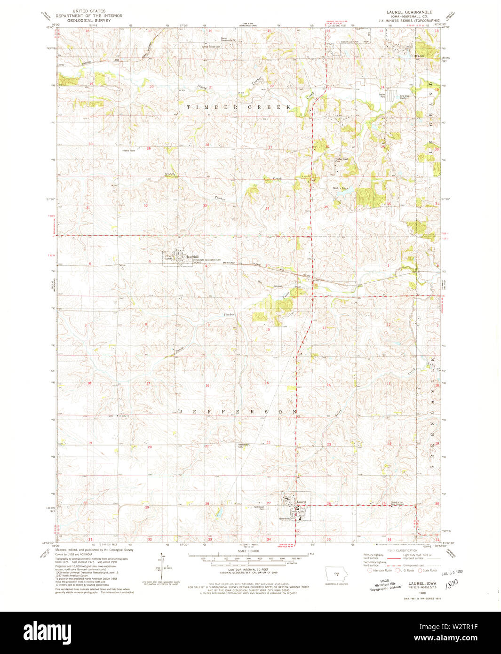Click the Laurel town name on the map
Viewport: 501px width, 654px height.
click(302, 502)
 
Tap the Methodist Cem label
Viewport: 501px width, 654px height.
click(243, 446)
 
